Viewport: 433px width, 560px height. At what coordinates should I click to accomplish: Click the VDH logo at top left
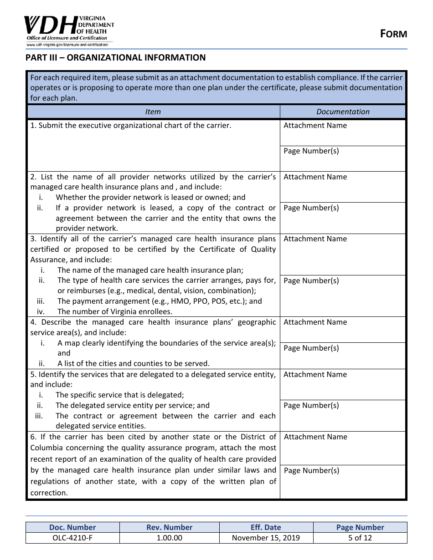[x=68, y=27]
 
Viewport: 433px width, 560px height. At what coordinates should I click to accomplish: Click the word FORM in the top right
[x=394, y=34]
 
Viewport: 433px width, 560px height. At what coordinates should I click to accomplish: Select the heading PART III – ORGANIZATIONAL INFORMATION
[x=115, y=58]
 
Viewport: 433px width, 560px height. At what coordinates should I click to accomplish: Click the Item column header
[x=153, y=112]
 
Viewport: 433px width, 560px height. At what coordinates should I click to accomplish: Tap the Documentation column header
[x=343, y=112]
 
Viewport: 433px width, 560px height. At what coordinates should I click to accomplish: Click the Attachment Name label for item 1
[x=315, y=126]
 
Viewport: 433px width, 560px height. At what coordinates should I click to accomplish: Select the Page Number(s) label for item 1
[x=311, y=151]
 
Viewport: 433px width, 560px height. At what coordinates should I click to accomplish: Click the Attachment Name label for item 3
[x=315, y=239]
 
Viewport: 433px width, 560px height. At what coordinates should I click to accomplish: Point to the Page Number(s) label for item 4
[x=311, y=348]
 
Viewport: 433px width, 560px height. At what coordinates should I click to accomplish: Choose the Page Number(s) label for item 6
[x=311, y=471]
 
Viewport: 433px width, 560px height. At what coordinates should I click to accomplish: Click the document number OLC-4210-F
[x=72, y=538]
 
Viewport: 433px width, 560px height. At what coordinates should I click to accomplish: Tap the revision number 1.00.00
[x=169, y=538]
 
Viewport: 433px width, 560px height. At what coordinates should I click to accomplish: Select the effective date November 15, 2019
[x=266, y=538]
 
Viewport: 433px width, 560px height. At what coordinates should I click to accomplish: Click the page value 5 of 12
[x=360, y=538]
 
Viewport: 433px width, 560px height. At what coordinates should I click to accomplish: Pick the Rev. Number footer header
[x=169, y=527]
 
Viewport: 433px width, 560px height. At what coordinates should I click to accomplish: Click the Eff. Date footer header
[x=266, y=527]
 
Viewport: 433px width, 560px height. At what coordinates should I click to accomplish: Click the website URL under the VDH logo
[x=67, y=45]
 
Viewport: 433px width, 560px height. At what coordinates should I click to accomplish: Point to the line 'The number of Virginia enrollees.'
[x=115, y=312]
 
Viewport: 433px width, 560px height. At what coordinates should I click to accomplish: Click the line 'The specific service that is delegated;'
[x=120, y=395]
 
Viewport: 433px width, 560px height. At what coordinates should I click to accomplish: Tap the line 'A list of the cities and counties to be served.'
[x=133, y=364]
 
